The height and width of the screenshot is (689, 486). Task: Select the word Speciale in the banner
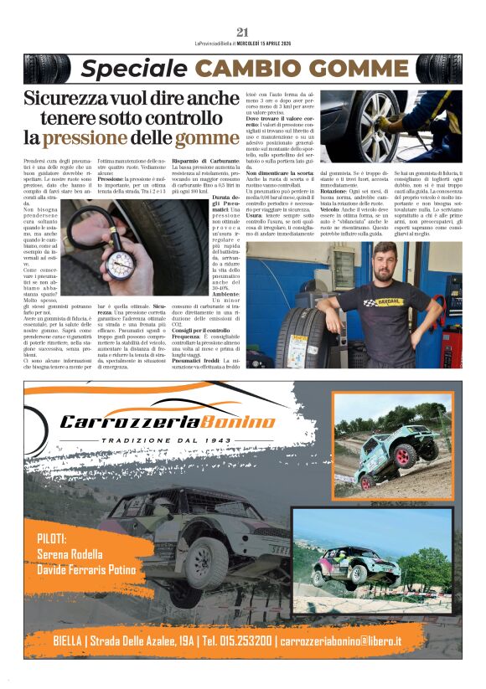point(127,69)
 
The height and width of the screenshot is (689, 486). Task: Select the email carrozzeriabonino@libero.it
point(353,640)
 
